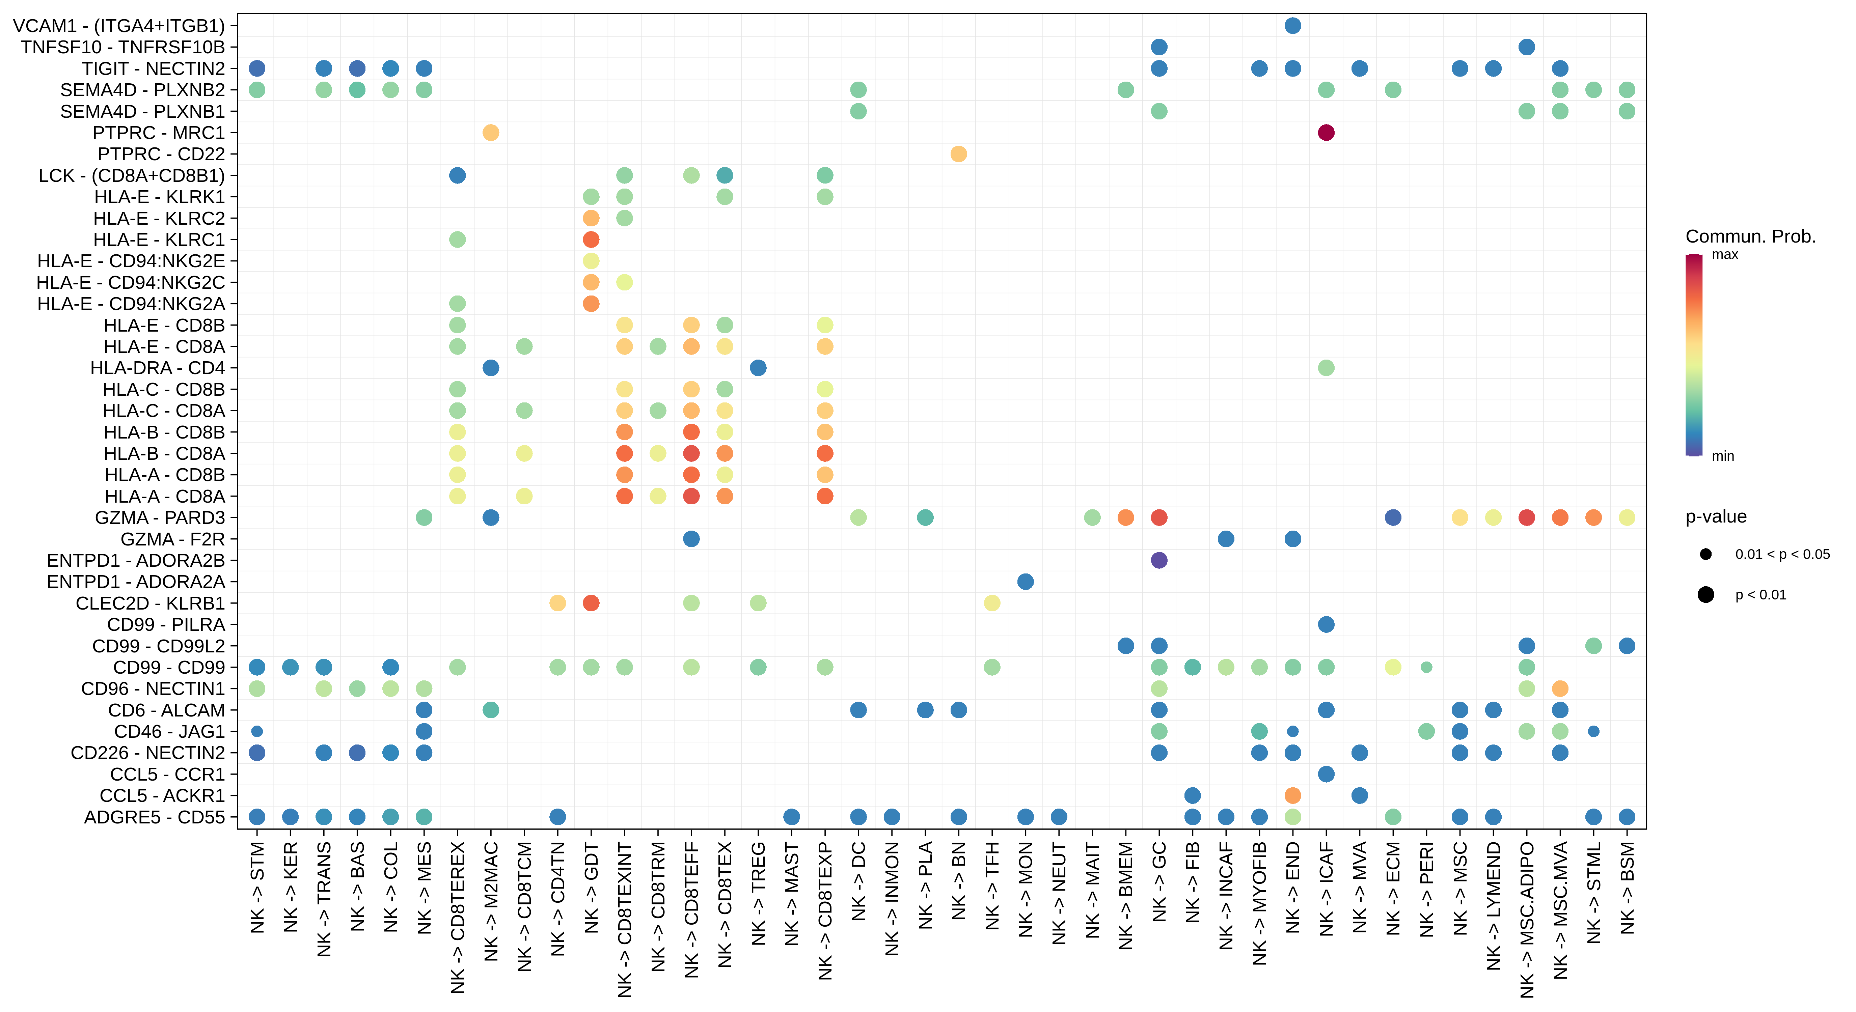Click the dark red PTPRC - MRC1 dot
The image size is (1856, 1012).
point(1326,133)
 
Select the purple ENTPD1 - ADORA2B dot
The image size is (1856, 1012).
point(1158,560)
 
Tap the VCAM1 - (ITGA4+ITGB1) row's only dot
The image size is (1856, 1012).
point(1292,26)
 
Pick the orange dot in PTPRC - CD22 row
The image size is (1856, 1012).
point(958,154)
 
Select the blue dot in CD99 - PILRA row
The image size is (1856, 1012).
point(1326,624)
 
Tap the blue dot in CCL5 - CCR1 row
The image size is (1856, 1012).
point(1326,774)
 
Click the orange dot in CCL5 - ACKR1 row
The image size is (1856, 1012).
point(1292,795)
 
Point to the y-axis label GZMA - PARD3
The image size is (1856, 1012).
point(160,518)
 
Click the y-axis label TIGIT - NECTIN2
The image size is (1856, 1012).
point(154,68)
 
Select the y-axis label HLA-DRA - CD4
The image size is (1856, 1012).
point(157,368)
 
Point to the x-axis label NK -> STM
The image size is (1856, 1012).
point(257,888)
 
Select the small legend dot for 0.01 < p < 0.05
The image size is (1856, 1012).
point(1705,554)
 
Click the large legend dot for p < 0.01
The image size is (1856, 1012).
point(1705,594)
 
